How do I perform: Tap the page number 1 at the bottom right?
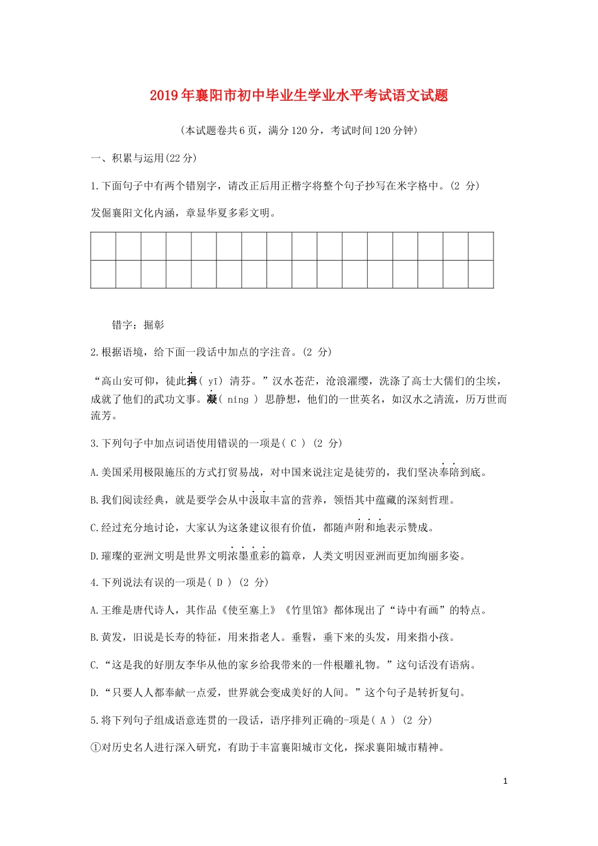click(505, 781)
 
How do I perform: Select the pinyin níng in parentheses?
click(238, 400)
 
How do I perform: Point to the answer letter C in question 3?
click(293, 444)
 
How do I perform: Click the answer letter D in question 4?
click(220, 583)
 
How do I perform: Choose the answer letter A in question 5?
click(383, 721)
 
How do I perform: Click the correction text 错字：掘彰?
click(138, 325)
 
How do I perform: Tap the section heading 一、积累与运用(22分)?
click(144, 159)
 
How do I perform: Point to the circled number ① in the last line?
click(96, 748)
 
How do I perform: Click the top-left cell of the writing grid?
click(103, 246)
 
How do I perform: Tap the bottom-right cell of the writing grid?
click(480, 274)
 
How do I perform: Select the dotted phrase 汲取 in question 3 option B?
click(258, 500)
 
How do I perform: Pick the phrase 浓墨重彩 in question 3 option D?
click(248, 556)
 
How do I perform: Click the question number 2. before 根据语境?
click(95, 352)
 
